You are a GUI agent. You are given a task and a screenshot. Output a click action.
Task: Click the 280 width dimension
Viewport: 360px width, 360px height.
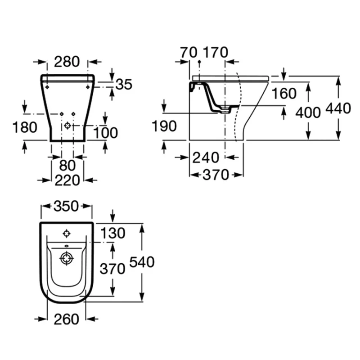click(67, 61)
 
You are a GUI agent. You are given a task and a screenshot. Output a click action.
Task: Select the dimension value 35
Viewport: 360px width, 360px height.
click(124, 84)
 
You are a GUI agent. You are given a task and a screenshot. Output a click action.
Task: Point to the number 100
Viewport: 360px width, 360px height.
click(105, 132)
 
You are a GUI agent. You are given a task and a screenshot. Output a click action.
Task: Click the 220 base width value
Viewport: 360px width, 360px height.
click(67, 180)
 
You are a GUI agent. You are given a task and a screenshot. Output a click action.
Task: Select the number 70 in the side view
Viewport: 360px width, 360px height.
click(189, 52)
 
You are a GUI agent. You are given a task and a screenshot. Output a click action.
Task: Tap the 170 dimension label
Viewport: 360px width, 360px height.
click(216, 52)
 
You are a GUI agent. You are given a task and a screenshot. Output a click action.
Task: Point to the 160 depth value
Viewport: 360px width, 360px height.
click(284, 93)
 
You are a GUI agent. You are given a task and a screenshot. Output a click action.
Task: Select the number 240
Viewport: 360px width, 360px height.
click(206, 157)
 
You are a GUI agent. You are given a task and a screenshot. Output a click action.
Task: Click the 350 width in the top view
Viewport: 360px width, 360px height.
click(67, 207)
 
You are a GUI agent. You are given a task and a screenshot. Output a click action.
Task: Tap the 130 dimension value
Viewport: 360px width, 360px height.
click(112, 233)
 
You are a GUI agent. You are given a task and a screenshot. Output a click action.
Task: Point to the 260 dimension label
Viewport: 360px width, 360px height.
click(66, 319)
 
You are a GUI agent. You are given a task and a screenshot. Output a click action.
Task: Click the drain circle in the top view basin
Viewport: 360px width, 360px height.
click(67, 259)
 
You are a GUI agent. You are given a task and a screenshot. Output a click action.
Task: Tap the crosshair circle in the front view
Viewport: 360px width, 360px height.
click(68, 126)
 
